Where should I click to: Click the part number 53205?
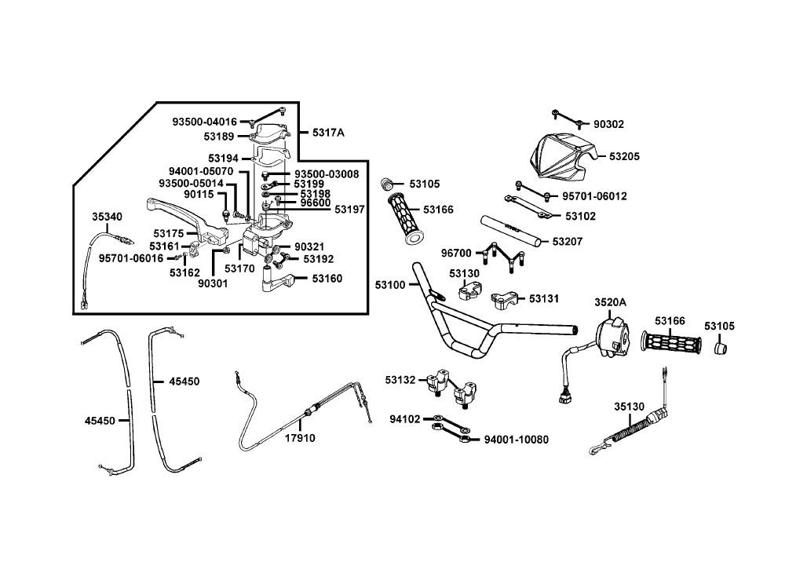click(x=624, y=156)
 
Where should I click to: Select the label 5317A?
click(x=328, y=133)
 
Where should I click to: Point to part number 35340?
click(x=107, y=217)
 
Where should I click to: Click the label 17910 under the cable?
click(x=300, y=438)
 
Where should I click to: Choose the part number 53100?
click(x=390, y=284)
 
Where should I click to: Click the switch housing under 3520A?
click(x=612, y=338)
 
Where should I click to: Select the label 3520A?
click(x=611, y=302)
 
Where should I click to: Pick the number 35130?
click(x=629, y=407)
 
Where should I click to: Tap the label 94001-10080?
click(x=517, y=440)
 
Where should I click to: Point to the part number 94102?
click(x=404, y=419)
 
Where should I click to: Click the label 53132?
click(x=400, y=380)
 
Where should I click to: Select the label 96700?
click(x=456, y=253)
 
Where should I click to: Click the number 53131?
click(x=544, y=299)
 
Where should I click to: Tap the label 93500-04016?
click(x=204, y=122)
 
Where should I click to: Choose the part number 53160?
click(x=327, y=279)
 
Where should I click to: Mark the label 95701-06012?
click(x=594, y=196)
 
